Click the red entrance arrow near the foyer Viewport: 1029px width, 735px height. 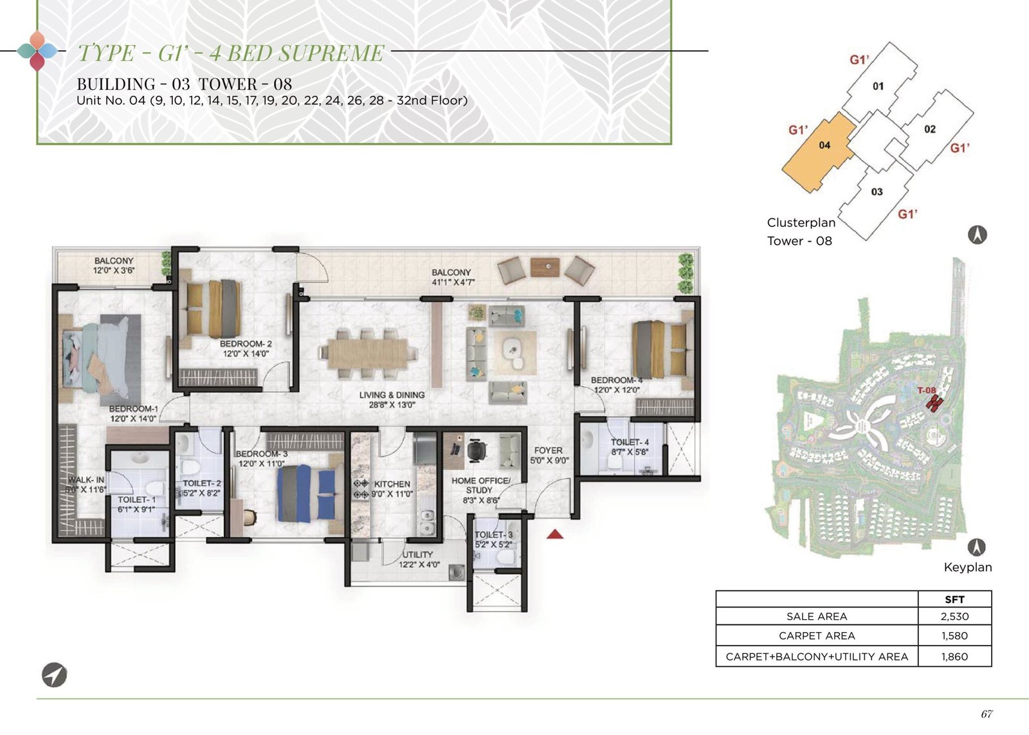[555, 534]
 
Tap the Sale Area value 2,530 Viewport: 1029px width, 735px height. [954, 617]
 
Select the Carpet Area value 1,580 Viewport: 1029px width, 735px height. [954, 636]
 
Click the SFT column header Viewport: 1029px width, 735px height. [954, 599]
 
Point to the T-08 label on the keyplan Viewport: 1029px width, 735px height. [927, 390]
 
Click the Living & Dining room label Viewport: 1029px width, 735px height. [392, 400]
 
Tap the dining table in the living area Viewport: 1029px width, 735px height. [367, 354]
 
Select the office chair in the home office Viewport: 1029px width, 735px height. [477, 450]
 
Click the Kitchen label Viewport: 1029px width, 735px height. [392, 484]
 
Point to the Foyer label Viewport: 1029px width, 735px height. [548, 451]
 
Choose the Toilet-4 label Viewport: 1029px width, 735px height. [630, 442]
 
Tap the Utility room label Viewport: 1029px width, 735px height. [417, 554]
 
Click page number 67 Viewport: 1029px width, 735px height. [987, 714]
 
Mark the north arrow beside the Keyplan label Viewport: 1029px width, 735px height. [977, 547]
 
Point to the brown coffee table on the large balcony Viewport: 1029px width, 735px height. [545, 268]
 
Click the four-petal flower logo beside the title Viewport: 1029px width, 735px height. [38, 51]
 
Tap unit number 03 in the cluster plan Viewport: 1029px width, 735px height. [877, 192]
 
